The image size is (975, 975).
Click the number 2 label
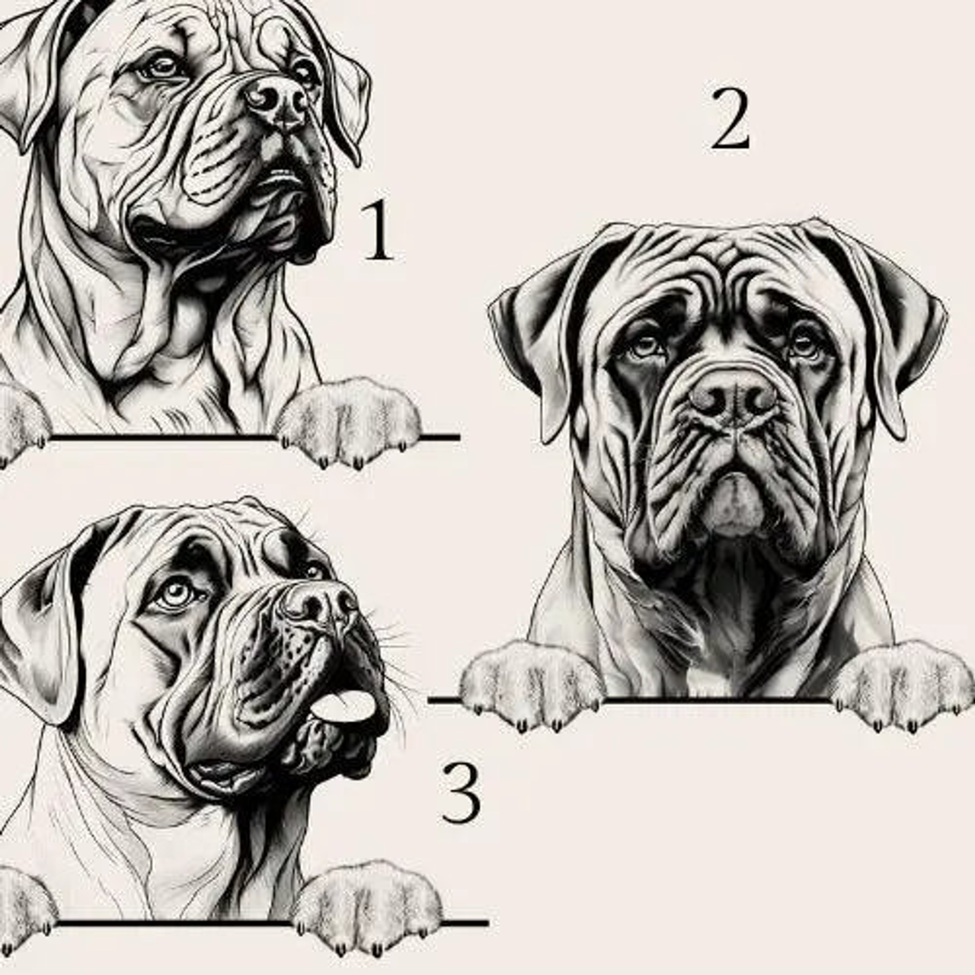(730, 120)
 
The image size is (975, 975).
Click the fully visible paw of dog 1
(349, 421)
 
